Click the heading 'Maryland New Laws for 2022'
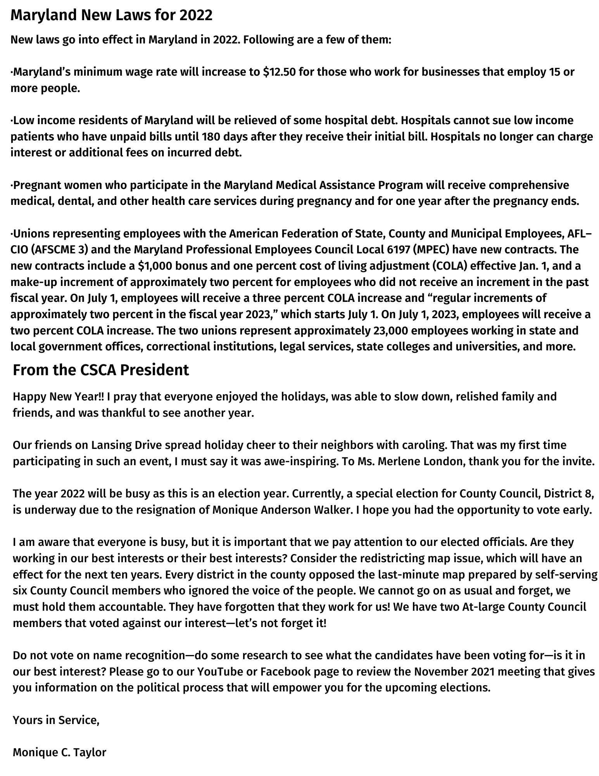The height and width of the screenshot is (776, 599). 111,16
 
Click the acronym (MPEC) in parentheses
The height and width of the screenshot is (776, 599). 432,249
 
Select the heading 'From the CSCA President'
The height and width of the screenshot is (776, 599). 101,370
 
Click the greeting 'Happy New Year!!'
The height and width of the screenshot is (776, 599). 59,397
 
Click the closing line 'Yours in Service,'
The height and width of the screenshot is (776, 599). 56,720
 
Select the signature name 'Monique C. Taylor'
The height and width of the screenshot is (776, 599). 59,752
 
